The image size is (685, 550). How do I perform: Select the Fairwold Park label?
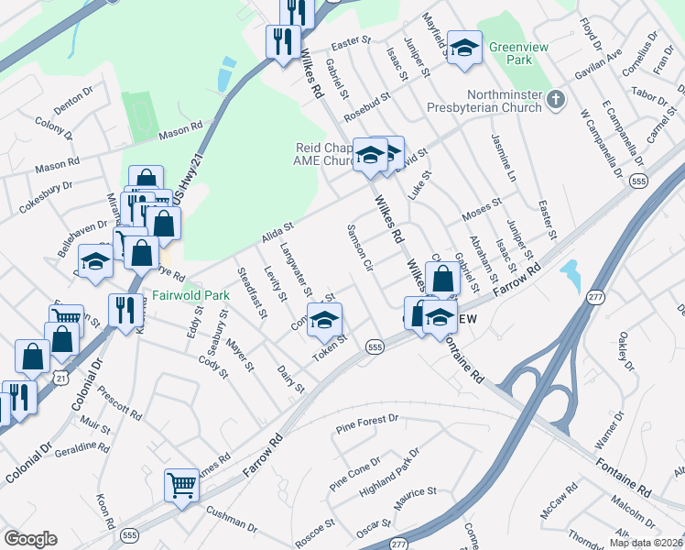(190, 296)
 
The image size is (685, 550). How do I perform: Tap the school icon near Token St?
(324, 319)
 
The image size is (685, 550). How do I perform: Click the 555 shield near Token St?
(374, 346)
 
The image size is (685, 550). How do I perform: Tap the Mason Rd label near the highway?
(179, 130)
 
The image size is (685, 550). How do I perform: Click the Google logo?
(30, 539)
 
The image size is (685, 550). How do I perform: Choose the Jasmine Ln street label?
(505, 156)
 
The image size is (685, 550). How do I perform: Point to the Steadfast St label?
(251, 291)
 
